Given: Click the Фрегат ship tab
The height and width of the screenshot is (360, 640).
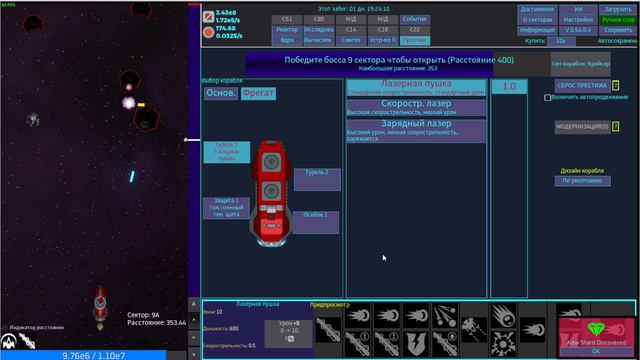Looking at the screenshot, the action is point(257,93).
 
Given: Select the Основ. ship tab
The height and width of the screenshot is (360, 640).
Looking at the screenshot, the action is point(221,93).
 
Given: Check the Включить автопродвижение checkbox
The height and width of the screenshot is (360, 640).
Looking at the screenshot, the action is point(548,98).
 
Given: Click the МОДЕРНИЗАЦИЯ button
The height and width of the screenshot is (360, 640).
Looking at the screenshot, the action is point(581,127).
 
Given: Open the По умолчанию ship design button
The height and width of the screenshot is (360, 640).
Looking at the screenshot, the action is point(580,181).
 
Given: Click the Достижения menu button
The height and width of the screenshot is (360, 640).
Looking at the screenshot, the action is point(537,9).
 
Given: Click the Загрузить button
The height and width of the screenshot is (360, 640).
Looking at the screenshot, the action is point(617,9).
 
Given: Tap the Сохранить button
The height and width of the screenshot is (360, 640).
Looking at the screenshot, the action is point(617,30).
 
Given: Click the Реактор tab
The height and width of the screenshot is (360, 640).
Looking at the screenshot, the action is point(289,30).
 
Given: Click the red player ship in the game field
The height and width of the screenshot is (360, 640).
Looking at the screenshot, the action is point(100,305).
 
